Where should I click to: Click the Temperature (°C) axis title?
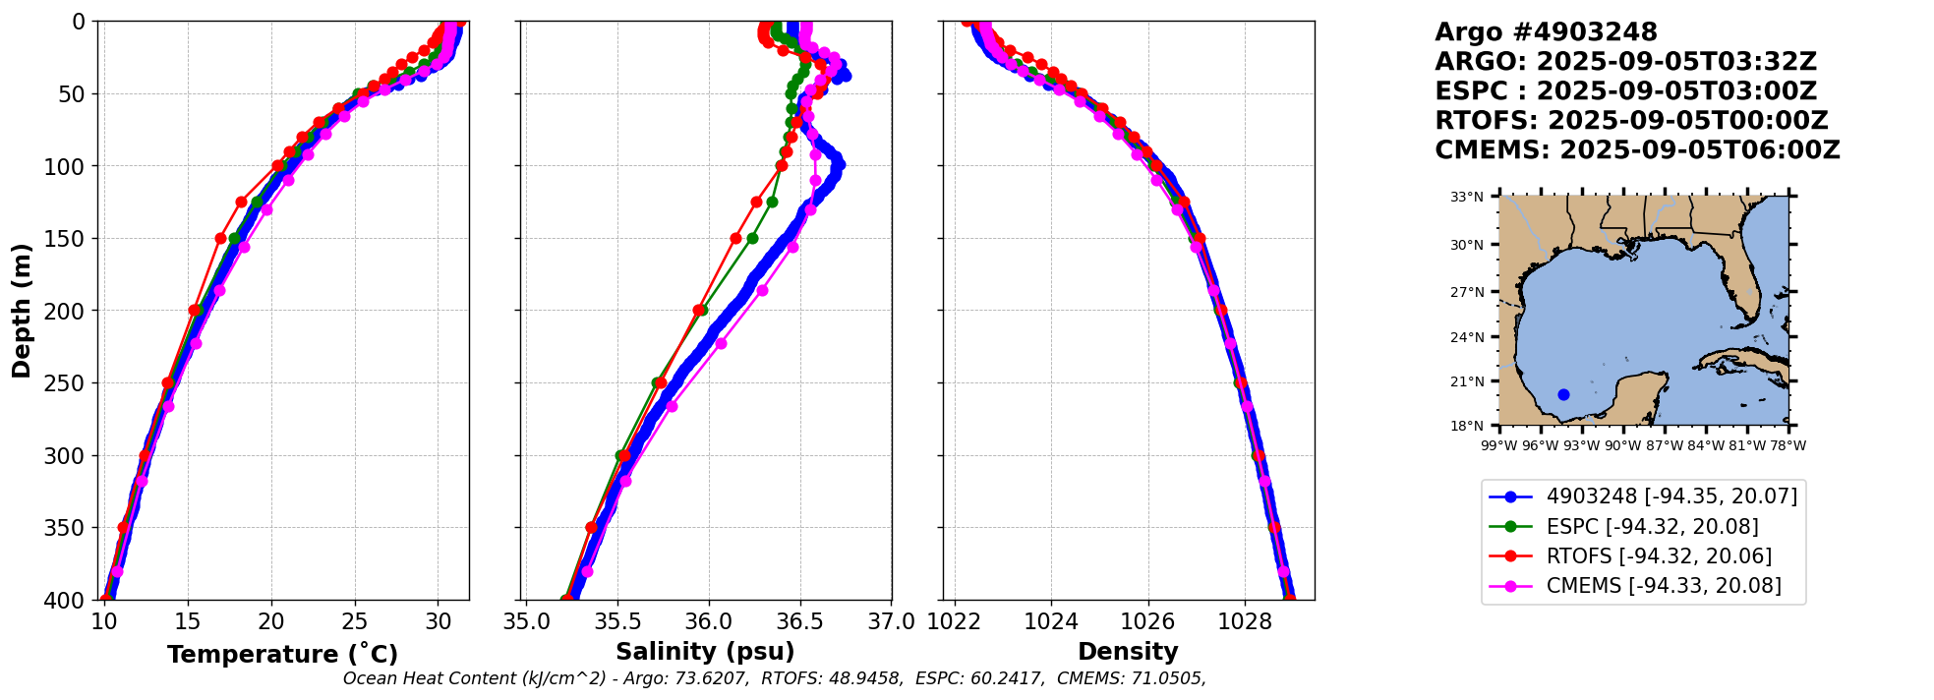(x=282, y=655)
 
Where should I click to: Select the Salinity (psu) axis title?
(x=705, y=652)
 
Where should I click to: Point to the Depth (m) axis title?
(x=22, y=311)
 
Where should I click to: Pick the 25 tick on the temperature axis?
(x=355, y=621)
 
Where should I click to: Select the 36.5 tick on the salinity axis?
(x=799, y=621)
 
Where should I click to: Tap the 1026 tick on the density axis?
(x=1147, y=621)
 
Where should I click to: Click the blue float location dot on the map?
(x=1563, y=394)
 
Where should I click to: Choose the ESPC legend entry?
(x=1652, y=527)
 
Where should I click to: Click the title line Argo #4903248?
(x=1546, y=32)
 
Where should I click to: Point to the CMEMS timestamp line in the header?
(x=1637, y=150)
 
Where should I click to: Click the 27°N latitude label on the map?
(x=1467, y=292)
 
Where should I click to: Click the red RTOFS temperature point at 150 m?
(x=220, y=238)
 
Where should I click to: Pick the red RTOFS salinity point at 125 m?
(x=756, y=202)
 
